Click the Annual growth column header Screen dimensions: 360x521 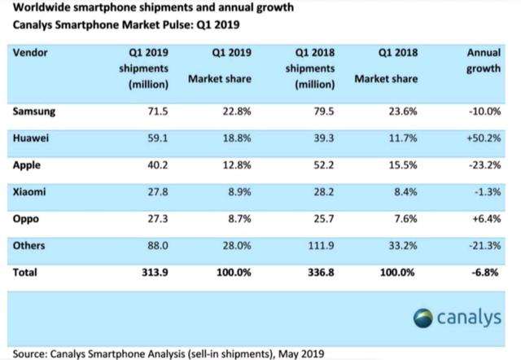484,61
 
